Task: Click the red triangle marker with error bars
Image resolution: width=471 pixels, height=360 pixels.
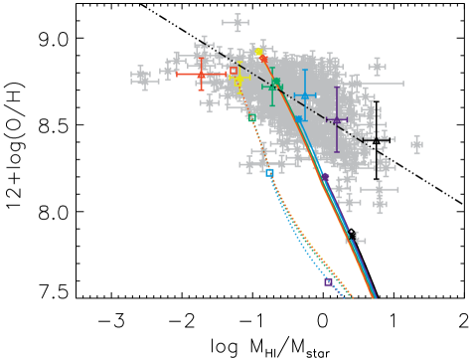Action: click(x=201, y=74)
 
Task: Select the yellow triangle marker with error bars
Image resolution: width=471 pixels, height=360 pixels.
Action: click(x=238, y=78)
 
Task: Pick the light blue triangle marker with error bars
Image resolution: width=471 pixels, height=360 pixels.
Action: click(x=305, y=95)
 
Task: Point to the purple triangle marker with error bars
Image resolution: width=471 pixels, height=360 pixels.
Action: click(x=337, y=119)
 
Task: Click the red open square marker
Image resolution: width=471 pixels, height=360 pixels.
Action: click(x=234, y=71)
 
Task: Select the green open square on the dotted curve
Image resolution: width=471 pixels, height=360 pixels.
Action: click(x=252, y=117)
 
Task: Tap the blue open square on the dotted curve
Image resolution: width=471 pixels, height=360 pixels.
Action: click(x=269, y=172)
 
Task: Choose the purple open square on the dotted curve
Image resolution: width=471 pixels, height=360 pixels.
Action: click(x=328, y=281)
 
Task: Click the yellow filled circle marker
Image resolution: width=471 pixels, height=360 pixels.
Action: click(x=259, y=52)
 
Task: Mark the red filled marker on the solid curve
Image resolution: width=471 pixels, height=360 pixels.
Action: click(x=264, y=60)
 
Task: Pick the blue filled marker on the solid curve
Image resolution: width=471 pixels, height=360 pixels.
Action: click(x=298, y=119)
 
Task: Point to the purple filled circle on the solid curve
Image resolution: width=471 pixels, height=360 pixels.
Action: click(x=325, y=177)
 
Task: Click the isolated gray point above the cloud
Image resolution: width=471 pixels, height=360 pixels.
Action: click(x=235, y=22)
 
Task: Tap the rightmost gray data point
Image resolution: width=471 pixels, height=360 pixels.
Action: click(x=416, y=144)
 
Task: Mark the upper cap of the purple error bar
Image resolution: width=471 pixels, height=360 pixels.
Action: click(x=337, y=88)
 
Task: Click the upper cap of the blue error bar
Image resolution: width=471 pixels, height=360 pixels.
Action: click(x=305, y=71)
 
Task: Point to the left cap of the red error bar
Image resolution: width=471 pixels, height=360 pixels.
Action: click(x=178, y=74)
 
